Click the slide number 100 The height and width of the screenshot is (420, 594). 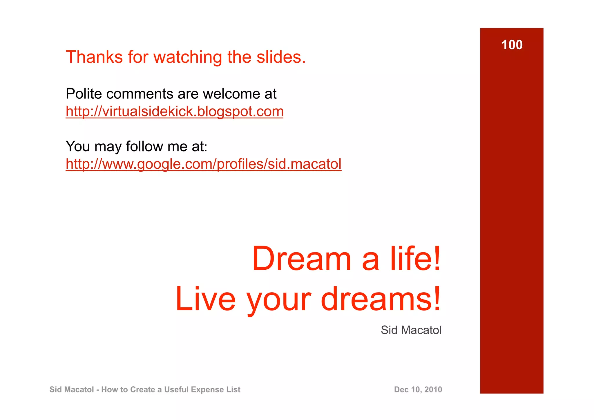click(x=512, y=45)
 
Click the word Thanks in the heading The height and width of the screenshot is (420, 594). click(x=94, y=57)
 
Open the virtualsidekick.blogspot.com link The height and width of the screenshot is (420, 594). click(x=174, y=111)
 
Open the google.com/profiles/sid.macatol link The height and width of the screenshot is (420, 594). click(x=203, y=164)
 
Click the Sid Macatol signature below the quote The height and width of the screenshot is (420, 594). click(x=411, y=330)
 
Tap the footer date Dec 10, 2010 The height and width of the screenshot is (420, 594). click(x=418, y=390)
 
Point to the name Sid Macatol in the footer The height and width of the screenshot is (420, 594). click(x=72, y=390)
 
